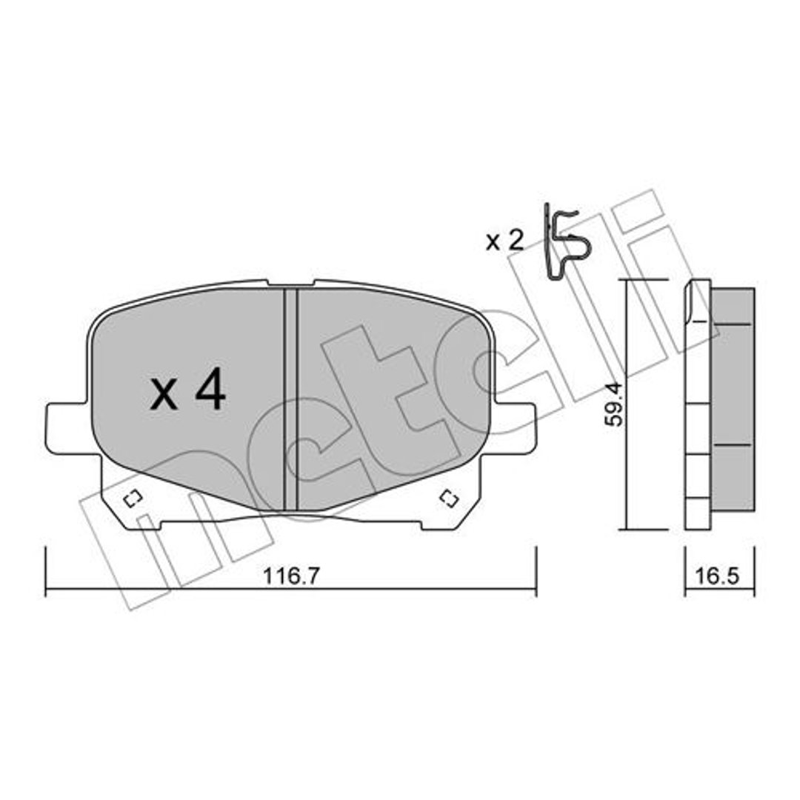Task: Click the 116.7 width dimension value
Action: click(x=290, y=576)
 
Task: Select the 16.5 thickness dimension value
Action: click(x=717, y=576)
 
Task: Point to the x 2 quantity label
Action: click(x=504, y=240)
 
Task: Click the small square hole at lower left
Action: click(x=133, y=499)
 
